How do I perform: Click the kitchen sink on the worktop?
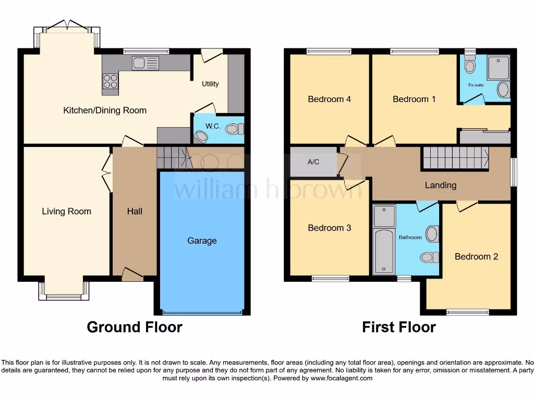tap(145, 63)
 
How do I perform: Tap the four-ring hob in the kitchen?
tap(110, 81)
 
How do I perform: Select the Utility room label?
tap(211, 84)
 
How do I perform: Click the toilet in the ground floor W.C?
tap(234, 129)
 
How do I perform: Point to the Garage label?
tap(202, 241)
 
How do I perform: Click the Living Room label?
tap(66, 211)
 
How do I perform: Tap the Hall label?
tap(135, 211)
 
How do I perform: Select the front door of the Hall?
tap(132, 274)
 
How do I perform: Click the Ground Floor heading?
tap(135, 327)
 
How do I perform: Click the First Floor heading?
tap(399, 327)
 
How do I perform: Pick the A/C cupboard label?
tap(313, 162)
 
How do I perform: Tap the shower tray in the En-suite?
tap(498, 68)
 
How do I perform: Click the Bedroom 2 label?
tap(476, 256)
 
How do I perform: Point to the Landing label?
tap(441, 185)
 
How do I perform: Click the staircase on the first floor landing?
tap(455, 158)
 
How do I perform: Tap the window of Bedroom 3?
tap(331, 279)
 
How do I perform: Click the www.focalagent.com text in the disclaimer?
tap(342, 378)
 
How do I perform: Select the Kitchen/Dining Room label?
tap(105, 110)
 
